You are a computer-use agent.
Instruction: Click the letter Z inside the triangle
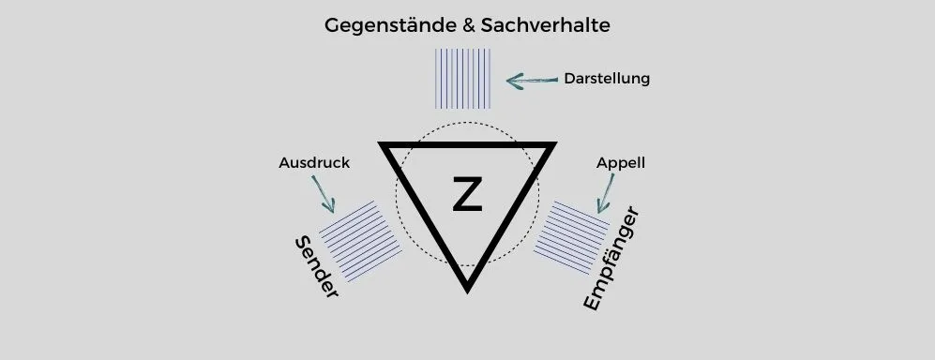click(467, 194)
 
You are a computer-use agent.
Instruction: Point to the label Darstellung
click(607, 79)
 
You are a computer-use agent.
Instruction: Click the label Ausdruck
click(314, 162)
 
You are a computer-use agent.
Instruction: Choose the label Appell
click(621, 162)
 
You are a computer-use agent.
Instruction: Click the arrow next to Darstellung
click(531, 81)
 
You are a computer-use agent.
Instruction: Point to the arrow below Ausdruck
click(324, 192)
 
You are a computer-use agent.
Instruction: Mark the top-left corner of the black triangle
click(384, 145)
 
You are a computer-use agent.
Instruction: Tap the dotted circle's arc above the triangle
click(467, 123)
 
